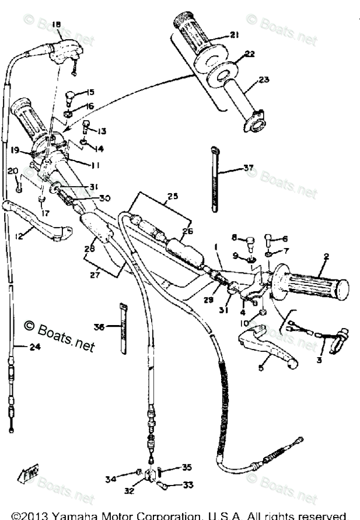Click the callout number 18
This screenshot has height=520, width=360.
coord(56,24)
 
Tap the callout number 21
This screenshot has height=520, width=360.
coord(234,35)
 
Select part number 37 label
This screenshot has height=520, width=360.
coord(249,169)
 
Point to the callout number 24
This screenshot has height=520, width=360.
coord(20,346)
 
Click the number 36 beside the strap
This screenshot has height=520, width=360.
coord(99,327)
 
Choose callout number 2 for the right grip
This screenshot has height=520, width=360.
coord(326,256)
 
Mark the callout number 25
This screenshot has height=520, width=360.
coord(172,197)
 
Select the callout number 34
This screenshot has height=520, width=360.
coord(127,479)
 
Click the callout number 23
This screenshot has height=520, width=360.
coord(263,80)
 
